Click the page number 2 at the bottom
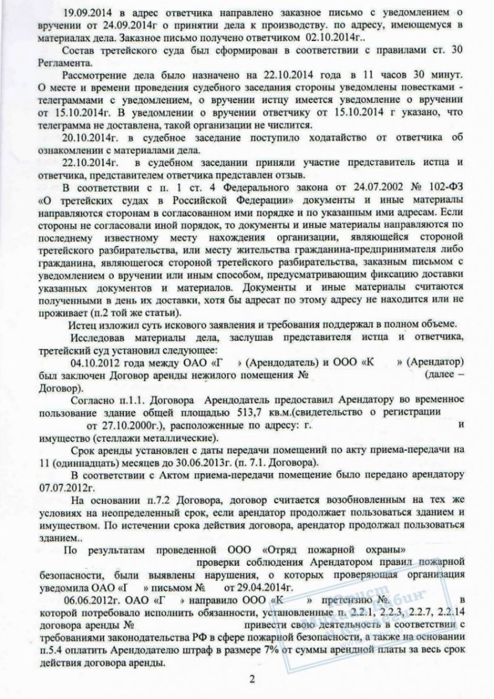(x=251, y=679)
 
